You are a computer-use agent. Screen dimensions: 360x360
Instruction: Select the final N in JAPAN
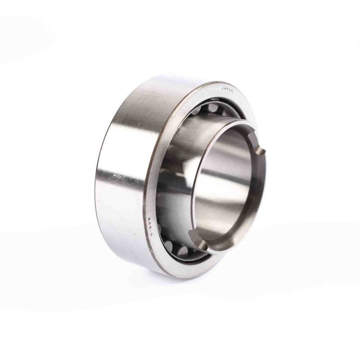(x=235, y=92)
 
